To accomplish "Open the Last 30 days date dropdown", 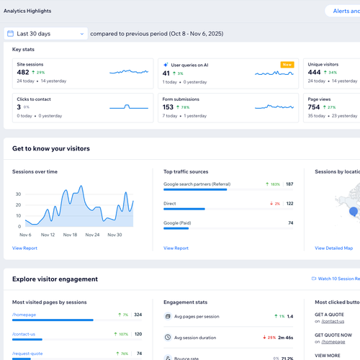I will [46, 33].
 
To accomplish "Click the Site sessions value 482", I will [23, 73].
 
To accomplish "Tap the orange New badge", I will [287, 64].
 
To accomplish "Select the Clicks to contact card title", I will [34, 99].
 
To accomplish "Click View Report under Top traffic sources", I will [176, 248].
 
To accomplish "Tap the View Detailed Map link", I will [333, 248].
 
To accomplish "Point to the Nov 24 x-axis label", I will [90, 235].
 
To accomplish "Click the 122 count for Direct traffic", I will [289, 204].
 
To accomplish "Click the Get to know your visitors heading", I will [50, 149].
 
